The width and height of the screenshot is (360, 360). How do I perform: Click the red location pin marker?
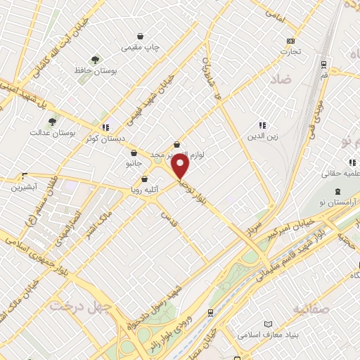pyautogui.click(x=181, y=167)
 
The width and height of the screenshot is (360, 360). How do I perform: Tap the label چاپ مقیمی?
pyautogui.click(x=141, y=47)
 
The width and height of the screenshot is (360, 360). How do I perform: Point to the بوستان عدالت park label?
pyautogui.click(x=53, y=132)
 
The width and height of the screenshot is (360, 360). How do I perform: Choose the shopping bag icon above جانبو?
pyautogui.click(x=139, y=151)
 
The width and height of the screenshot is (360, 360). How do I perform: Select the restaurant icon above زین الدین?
pyautogui.click(x=262, y=125)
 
